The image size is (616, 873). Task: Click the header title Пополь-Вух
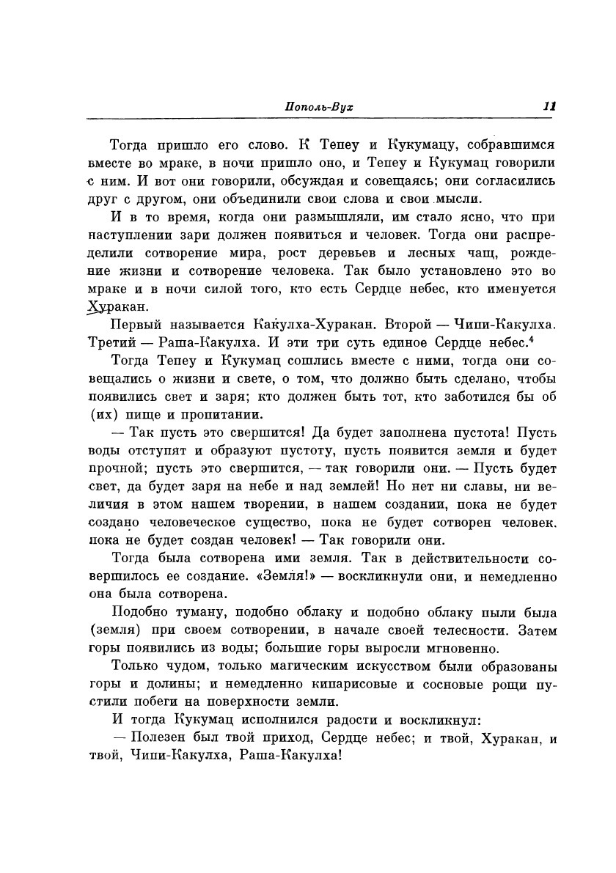pos(318,106)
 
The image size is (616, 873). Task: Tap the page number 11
pos(549,106)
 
